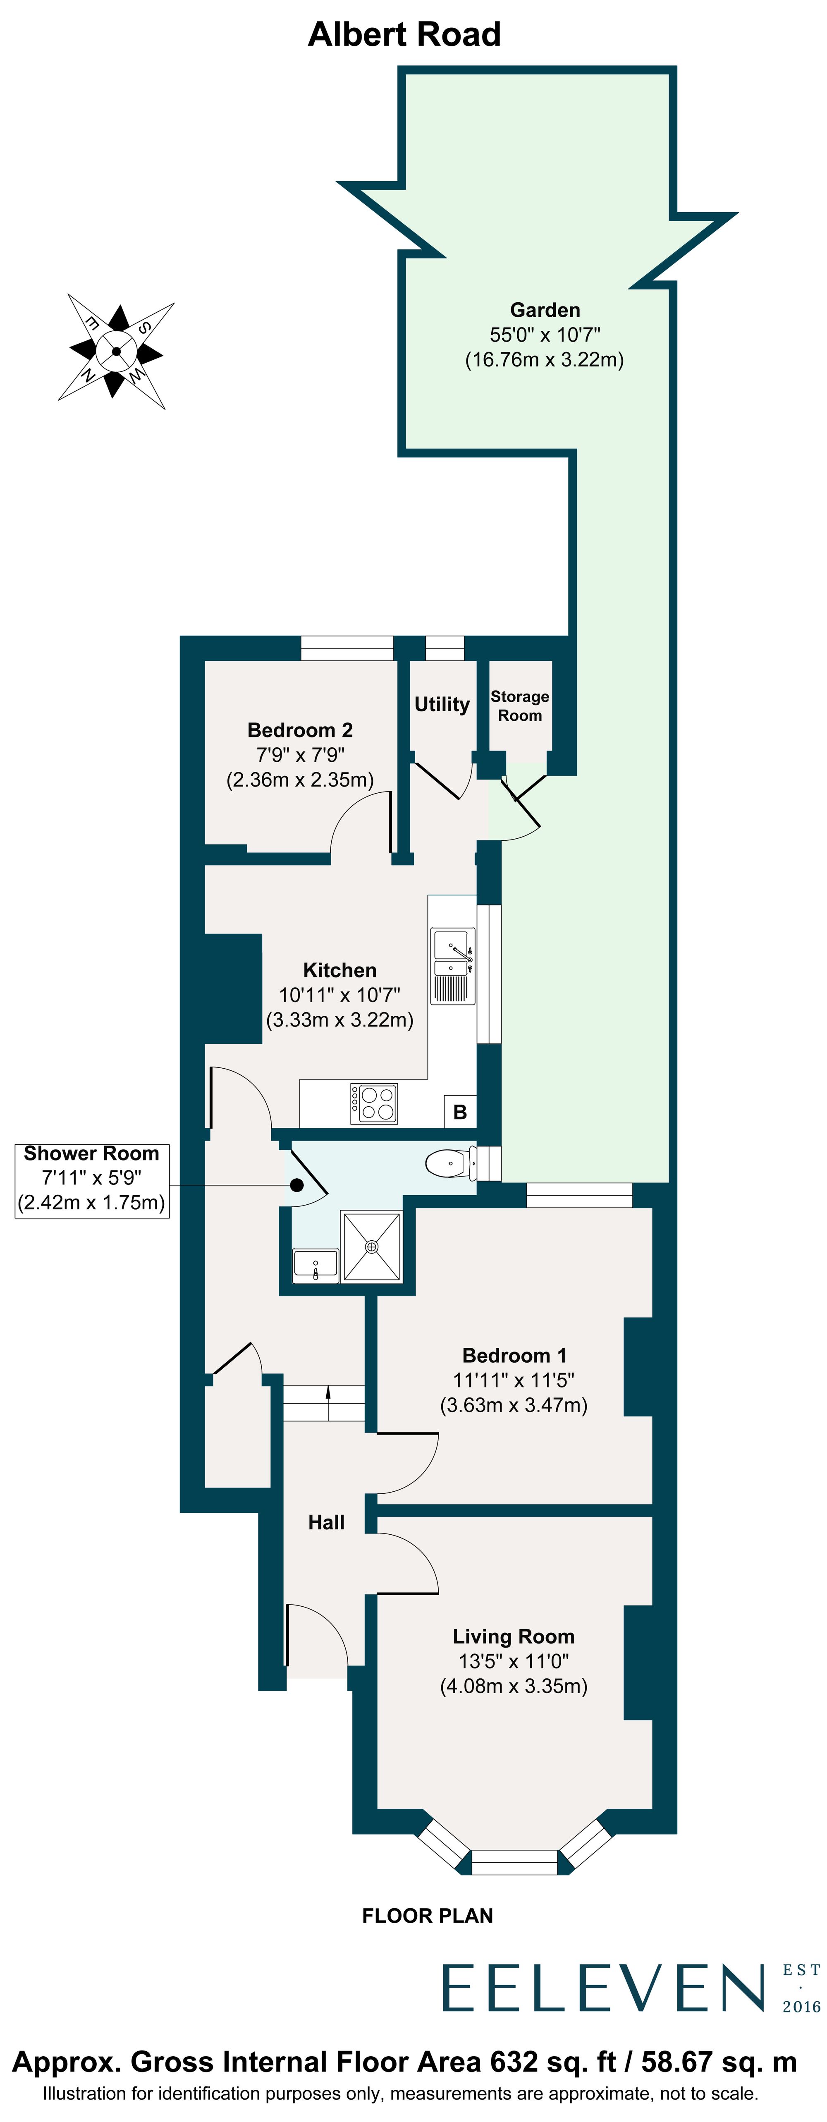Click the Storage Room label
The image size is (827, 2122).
pyautogui.click(x=520, y=706)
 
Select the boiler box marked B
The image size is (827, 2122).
pyautogui.click(x=460, y=1112)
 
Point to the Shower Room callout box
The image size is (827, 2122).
pyautogui.click(x=91, y=1179)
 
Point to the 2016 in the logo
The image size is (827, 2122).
pyautogui.click(x=801, y=2007)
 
